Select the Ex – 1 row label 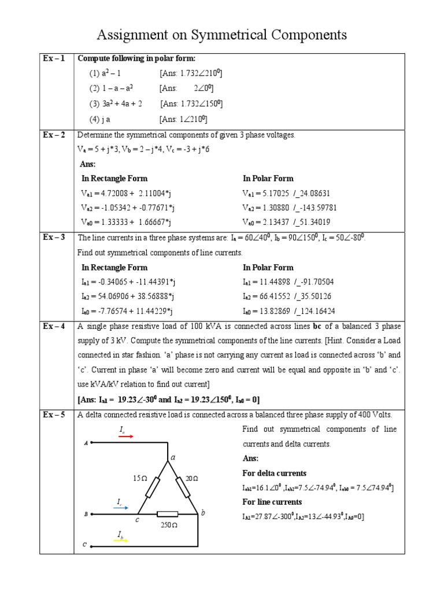(55, 58)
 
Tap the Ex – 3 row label (55, 237)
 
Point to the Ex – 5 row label (55, 415)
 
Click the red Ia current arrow (125, 436)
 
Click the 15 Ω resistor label (141, 478)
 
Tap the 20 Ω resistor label (192, 478)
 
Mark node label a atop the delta (172, 457)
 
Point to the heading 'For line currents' (272, 502)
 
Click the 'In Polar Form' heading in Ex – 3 (268, 267)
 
